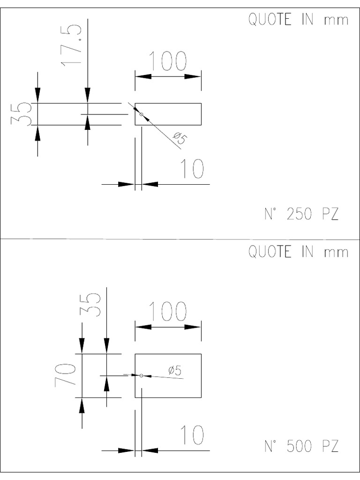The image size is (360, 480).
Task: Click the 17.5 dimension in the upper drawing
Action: pyautogui.click(x=71, y=45)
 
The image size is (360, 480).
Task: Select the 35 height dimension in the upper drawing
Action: pyautogui.click(x=21, y=114)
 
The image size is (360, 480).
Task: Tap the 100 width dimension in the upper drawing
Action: pyautogui.click(x=168, y=61)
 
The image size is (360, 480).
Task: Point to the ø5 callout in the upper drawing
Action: pyautogui.click(x=180, y=138)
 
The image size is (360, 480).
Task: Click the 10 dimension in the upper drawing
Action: pyautogui.click(x=193, y=168)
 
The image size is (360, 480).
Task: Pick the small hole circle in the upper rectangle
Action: pyautogui.click(x=141, y=114)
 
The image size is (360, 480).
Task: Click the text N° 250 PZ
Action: pyautogui.click(x=301, y=214)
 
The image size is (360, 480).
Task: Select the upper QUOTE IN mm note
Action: pyautogui.click(x=298, y=20)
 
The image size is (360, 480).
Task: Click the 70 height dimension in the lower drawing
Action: pyautogui.click(x=65, y=375)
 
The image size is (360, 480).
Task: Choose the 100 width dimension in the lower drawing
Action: pyautogui.click(x=168, y=311)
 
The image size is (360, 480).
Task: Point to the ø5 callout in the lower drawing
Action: pyautogui.click(x=175, y=370)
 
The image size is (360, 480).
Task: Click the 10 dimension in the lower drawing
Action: pyautogui.click(x=193, y=435)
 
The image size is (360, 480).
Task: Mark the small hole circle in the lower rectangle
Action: pyautogui.click(x=141, y=375)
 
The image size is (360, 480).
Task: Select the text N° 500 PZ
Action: pyautogui.click(x=301, y=446)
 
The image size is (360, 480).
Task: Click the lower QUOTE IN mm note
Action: pyautogui.click(x=298, y=252)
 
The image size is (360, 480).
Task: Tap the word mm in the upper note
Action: pyautogui.click(x=336, y=21)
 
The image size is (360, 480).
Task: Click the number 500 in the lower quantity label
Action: pyautogui.click(x=300, y=446)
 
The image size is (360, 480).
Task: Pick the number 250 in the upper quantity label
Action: pyautogui.click(x=300, y=214)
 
